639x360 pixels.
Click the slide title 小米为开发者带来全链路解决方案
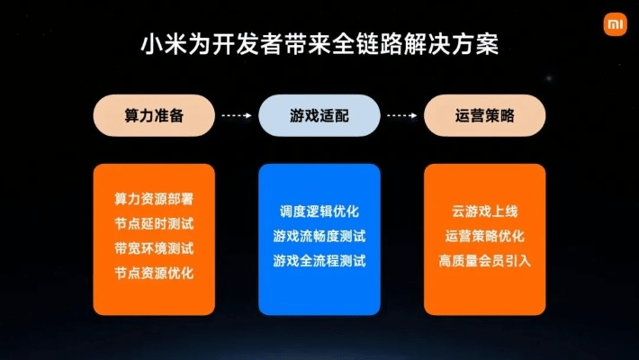click(x=319, y=43)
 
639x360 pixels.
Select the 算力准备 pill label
click(x=154, y=116)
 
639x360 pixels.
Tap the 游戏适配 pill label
click(x=319, y=116)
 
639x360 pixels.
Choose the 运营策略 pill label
click(x=485, y=116)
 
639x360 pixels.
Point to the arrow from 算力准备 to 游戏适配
click(x=237, y=116)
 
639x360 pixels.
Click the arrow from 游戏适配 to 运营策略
click(x=402, y=116)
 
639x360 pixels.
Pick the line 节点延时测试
click(x=154, y=222)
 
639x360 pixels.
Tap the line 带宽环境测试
click(x=154, y=247)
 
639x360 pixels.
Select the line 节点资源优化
click(x=154, y=271)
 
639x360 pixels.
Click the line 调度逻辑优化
click(x=319, y=212)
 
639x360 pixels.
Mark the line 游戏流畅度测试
click(x=319, y=237)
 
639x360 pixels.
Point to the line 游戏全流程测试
click(x=319, y=261)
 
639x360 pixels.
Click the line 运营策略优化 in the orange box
click(x=485, y=237)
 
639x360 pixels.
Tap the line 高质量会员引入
click(x=485, y=261)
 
